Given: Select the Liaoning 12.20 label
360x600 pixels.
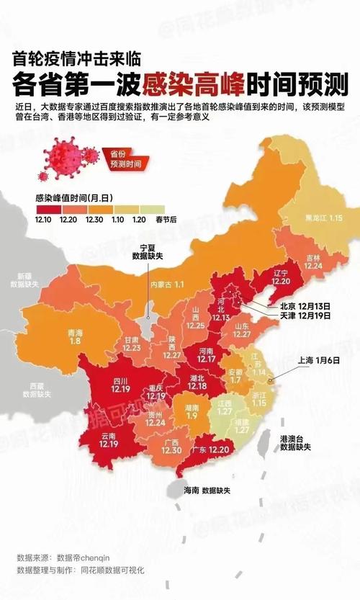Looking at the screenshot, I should click(x=281, y=278).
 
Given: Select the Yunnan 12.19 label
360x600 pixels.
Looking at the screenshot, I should click(x=109, y=440).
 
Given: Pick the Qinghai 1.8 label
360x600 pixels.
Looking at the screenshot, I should click(x=75, y=336).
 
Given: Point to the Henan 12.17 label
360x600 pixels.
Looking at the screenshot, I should click(x=207, y=354).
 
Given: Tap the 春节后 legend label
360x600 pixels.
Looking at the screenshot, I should click(x=166, y=220).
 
